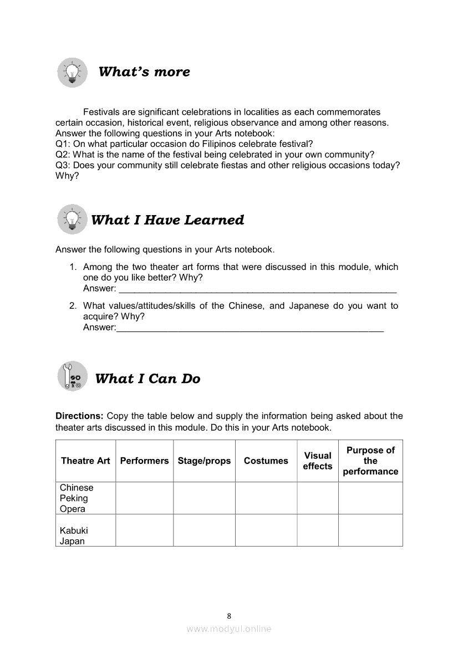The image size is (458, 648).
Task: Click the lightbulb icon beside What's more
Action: (x=72, y=72)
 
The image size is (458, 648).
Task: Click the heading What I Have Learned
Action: (x=167, y=220)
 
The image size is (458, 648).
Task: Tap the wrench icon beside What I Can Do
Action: (x=72, y=376)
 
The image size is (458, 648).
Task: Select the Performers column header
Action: (x=144, y=461)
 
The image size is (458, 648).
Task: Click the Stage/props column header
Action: (x=204, y=461)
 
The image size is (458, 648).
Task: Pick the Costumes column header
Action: (x=266, y=461)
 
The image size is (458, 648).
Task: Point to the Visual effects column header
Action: (x=318, y=461)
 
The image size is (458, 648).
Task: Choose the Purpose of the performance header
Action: (x=370, y=461)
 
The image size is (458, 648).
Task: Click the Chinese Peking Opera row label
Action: (x=77, y=498)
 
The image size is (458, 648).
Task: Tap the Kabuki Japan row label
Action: (x=74, y=536)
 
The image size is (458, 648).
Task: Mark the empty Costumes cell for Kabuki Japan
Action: (x=266, y=530)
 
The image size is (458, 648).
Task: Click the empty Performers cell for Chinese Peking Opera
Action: (x=144, y=498)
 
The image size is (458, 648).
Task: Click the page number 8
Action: (x=229, y=615)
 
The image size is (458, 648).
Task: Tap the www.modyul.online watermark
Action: (x=229, y=629)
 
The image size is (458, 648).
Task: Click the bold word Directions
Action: (x=79, y=416)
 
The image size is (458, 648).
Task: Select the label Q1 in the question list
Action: (x=62, y=144)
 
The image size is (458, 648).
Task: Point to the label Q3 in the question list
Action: (x=62, y=165)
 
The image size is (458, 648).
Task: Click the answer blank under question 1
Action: (x=258, y=289)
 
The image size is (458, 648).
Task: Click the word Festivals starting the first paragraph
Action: (x=101, y=112)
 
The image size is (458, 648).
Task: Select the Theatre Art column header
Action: (x=85, y=461)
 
